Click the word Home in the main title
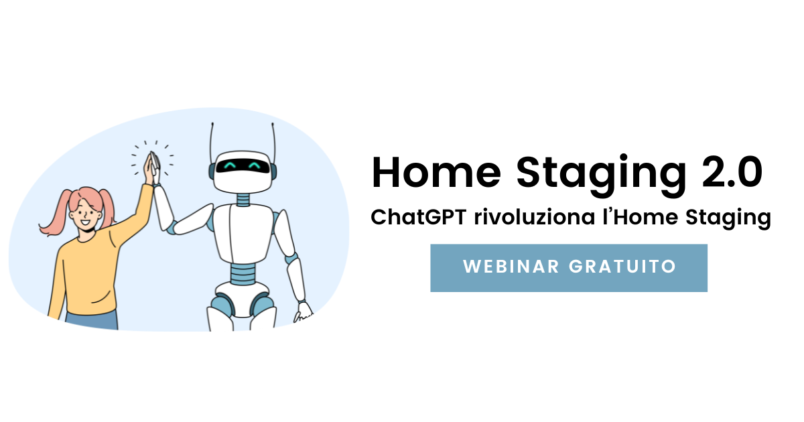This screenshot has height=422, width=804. [x=436, y=172]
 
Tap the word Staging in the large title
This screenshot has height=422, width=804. [x=601, y=175]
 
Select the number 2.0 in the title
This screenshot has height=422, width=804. [x=732, y=172]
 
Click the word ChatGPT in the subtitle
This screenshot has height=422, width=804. [x=419, y=217]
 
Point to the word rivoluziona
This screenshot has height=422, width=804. [x=535, y=217]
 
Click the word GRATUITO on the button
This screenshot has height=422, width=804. [x=622, y=267]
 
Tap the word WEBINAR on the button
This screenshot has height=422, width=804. [x=511, y=267]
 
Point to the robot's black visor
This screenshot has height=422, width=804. [x=243, y=166]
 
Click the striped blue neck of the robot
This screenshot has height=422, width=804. [x=243, y=200]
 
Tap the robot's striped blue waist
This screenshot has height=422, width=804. [x=243, y=273]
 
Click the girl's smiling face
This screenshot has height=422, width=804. [x=86, y=214]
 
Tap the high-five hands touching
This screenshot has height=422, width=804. [x=153, y=168]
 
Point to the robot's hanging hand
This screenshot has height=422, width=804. [x=304, y=312]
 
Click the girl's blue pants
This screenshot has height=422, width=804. [x=92, y=320]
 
